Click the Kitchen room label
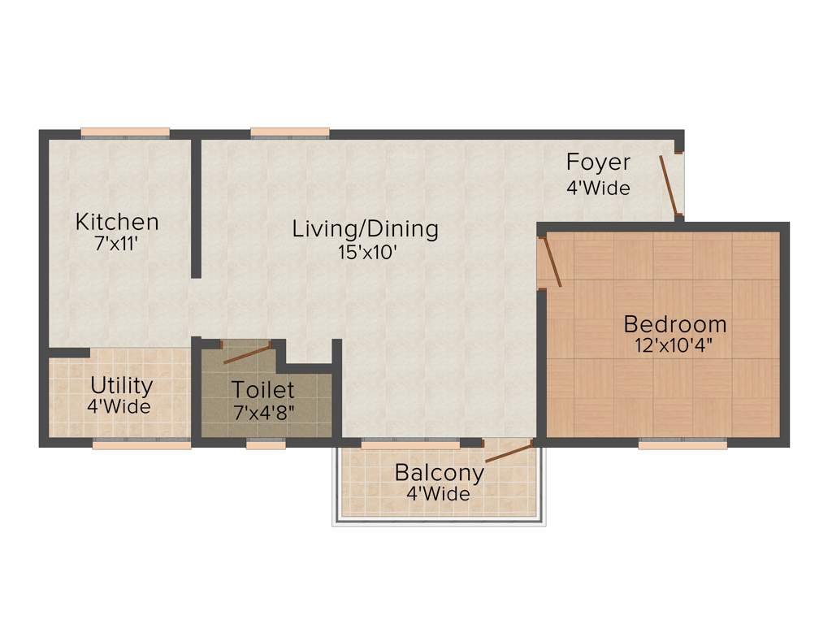coord(117,221)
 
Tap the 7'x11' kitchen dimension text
coord(117,243)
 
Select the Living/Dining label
coord(366,229)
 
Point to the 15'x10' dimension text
coord(366,252)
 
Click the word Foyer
coord(598,162)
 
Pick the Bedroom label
coord(675,324)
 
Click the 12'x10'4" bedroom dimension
coord(675,346)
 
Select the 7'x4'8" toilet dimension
coord(263,412)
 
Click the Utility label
coord(121,384)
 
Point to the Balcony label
coord(440,472)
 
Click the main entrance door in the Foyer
coord(669,186)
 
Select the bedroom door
coord(552,260)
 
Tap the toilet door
coord(248,353)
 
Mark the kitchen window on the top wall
coord(125,133)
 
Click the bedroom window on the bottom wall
coord(682,444)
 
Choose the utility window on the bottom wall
coord(141,444)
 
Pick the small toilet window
coord(266,444)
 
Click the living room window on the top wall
coord(290,133)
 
